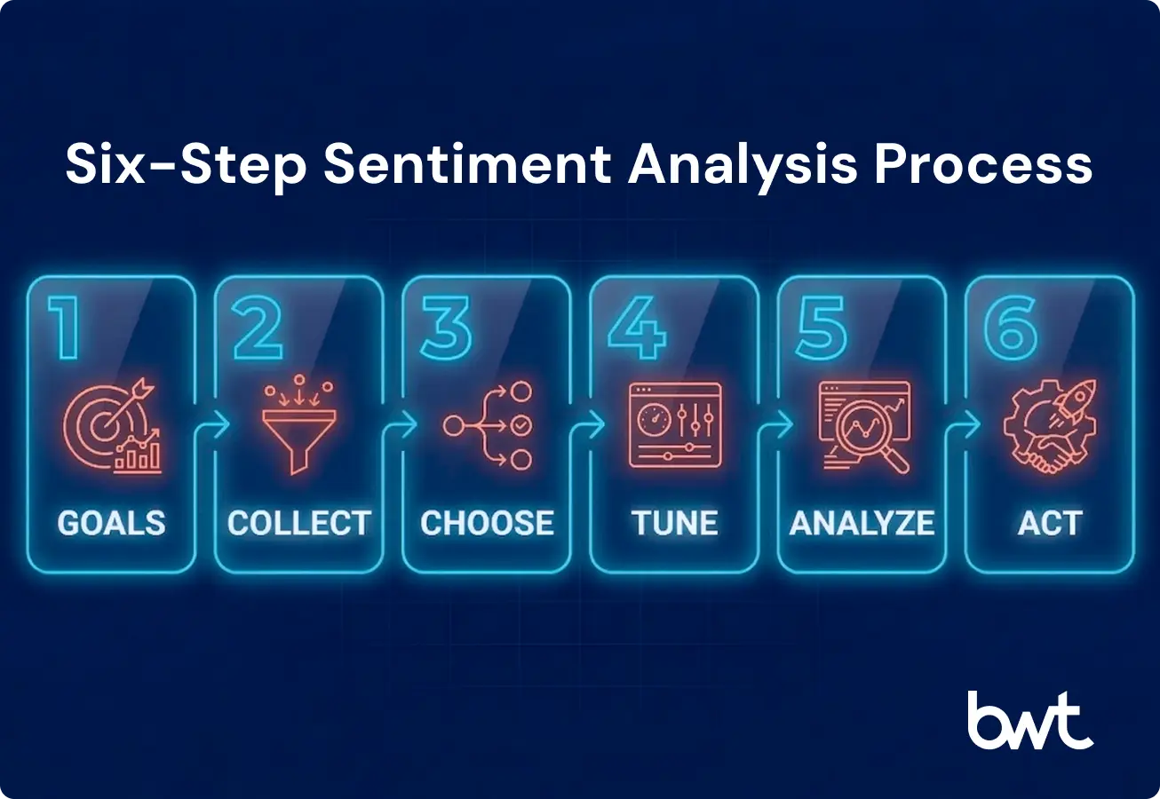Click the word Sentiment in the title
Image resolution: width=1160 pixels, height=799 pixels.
[x=467, y=164]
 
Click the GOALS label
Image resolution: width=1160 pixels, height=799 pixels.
[x=112, y=523]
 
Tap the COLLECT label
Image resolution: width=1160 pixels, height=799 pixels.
[x=299, y=523]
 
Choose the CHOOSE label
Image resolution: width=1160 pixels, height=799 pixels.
[x=487, y=523]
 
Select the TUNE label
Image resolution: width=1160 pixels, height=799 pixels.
[x=675, y=523]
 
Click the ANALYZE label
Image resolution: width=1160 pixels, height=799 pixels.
[x=862, y=523]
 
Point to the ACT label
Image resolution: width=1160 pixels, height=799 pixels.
[x=1050, y=523]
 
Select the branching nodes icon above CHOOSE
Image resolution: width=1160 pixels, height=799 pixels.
[x=488, y=425]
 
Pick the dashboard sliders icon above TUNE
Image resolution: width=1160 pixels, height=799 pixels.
[x=675, y=425]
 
